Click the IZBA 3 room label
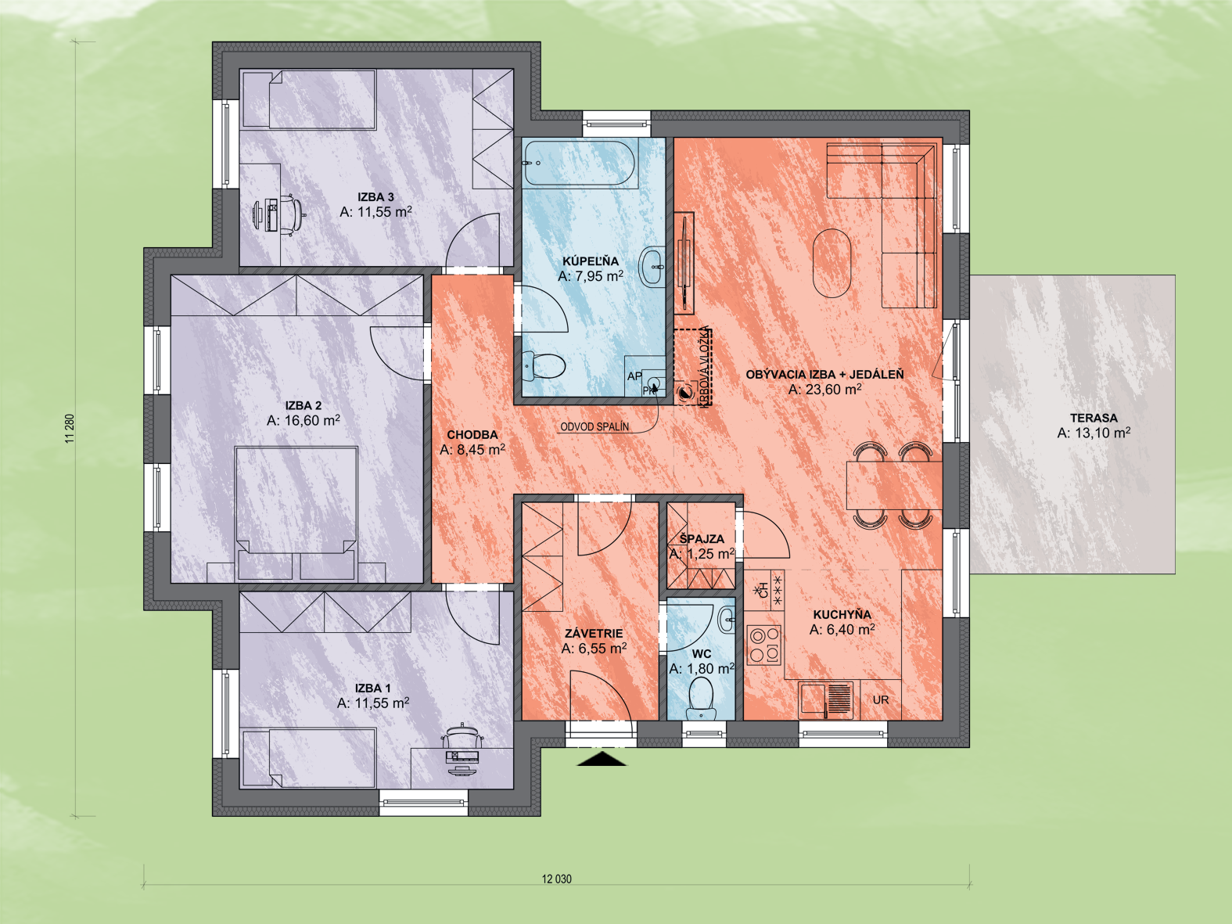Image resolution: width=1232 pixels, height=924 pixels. [375, 197]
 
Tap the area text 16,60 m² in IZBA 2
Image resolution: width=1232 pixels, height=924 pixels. [312, 420]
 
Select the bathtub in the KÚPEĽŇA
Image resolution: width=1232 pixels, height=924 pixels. [580, 163]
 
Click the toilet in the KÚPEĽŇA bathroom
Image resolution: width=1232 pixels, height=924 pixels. [543, 366]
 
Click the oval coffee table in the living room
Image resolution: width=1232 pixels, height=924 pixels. [832, 264]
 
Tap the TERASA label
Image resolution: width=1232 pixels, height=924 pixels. [1094, 418]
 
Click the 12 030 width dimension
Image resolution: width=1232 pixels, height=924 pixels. [556, 879]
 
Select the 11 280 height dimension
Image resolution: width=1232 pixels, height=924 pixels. [70, 428]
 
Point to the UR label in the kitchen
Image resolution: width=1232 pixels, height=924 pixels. [881, 700]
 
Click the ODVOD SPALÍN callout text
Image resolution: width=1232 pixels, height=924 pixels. [594, 426]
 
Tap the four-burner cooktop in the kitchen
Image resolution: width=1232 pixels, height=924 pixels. [764, 645]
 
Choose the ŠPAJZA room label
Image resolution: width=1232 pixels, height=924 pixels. [702, 539]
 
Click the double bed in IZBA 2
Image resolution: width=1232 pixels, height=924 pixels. [296, 513]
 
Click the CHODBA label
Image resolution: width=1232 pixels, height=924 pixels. [472, 434]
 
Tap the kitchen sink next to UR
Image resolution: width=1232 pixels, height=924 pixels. [826, 699]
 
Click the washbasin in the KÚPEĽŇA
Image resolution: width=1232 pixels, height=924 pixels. [652, 267]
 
